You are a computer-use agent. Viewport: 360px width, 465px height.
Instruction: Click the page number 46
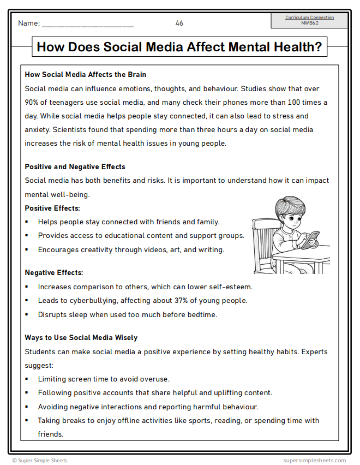[179, 23]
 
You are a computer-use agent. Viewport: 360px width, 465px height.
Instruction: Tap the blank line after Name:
[87, 24]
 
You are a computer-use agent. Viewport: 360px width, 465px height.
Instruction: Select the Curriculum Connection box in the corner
[309, 20]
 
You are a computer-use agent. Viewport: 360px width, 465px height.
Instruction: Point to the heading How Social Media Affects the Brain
[86, 74]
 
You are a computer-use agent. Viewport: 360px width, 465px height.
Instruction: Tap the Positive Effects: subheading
[52, 208]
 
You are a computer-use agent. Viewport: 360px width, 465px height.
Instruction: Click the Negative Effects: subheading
[54, 272]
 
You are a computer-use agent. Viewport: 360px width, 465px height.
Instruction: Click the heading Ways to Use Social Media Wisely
[81, 338]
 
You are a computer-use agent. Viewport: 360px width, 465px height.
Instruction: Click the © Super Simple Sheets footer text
[40, 461]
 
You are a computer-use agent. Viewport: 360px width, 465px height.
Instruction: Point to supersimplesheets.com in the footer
[315, 461]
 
